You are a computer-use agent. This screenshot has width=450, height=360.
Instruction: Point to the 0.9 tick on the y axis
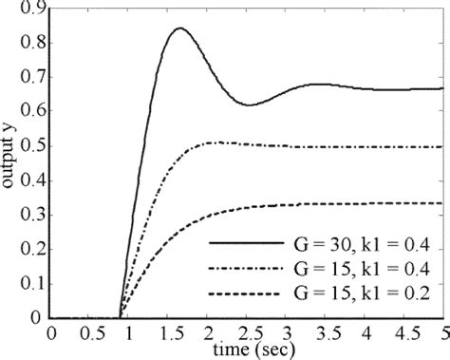click(x=29, y=9)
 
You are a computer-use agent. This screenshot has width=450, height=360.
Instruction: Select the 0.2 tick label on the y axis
click(x=29, y=250)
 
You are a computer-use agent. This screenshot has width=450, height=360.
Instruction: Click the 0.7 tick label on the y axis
click(x=29, y=78)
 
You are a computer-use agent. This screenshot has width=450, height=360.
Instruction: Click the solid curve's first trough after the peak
click(x=249, y=104)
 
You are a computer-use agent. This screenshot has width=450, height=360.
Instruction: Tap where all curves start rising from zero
click(x=120, y=317)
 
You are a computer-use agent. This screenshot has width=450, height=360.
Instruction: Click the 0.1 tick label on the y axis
click(x=29, y=284)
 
